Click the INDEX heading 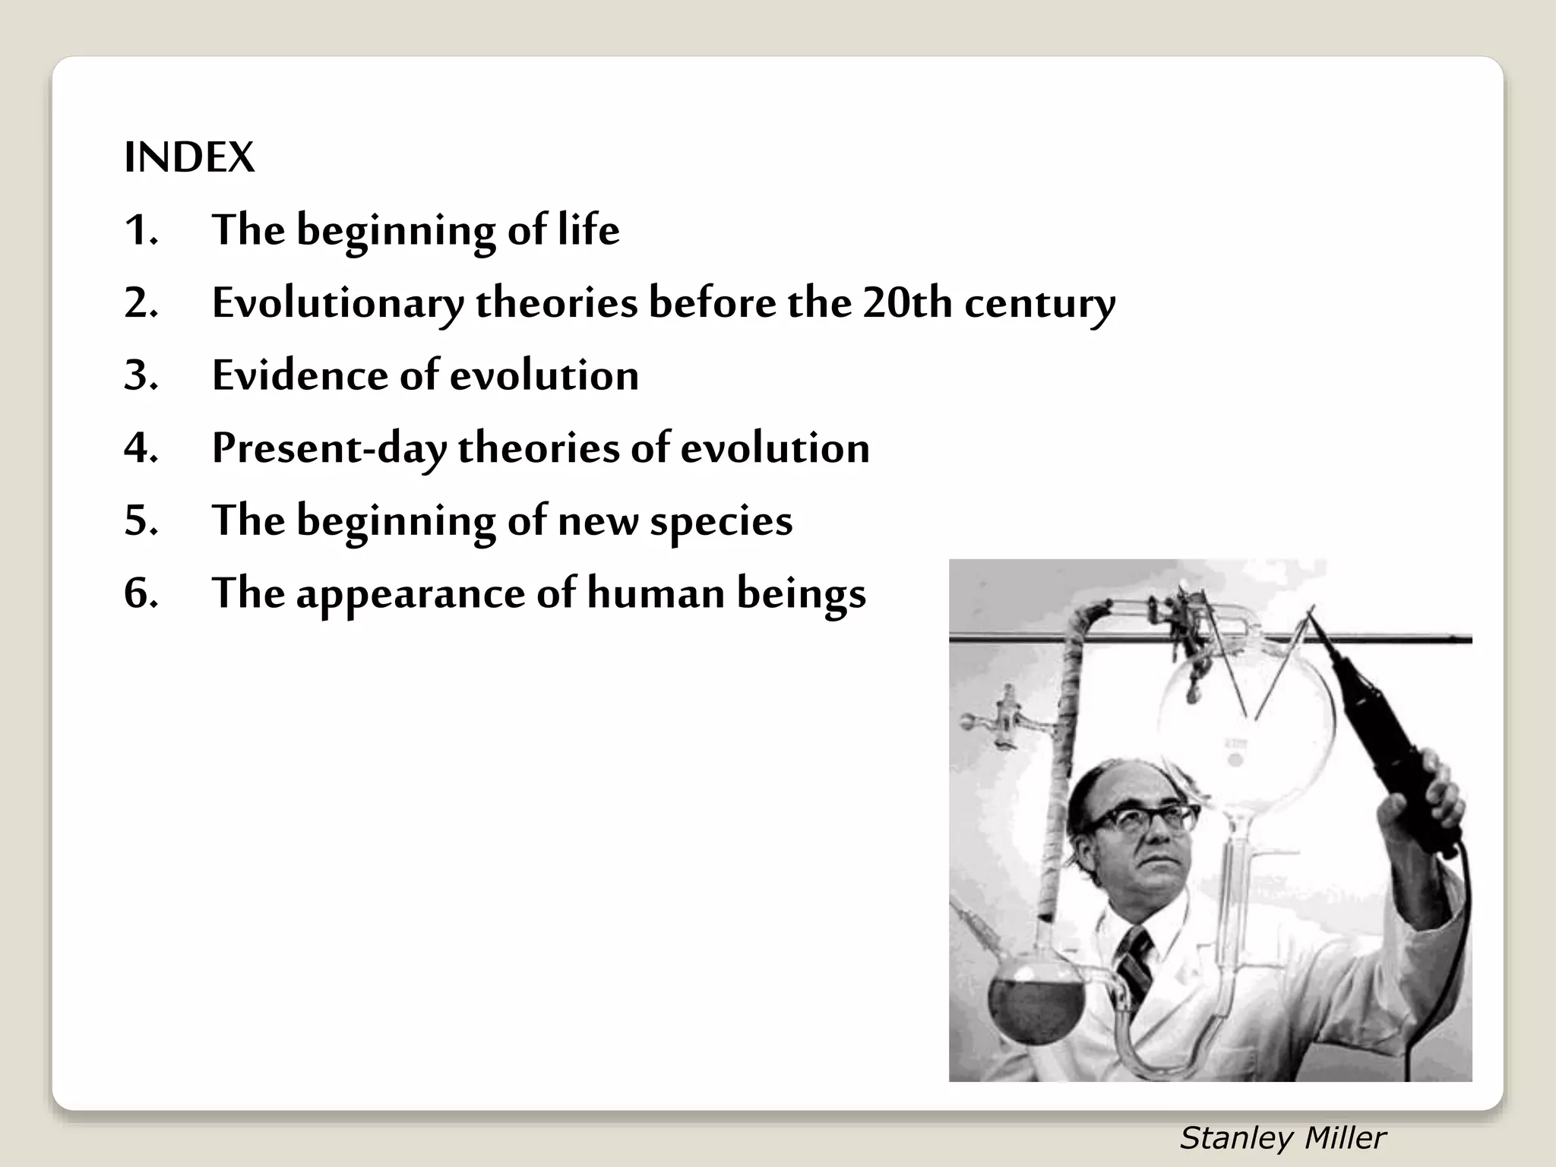coord(189,157)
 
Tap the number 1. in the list coord(141,229)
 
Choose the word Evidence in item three coord(299,375)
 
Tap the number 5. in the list coord(141,520)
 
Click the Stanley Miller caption coord(1282,1138)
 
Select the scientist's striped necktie coord(1136,966)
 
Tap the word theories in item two coord(556,302)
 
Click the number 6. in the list coord(141,593)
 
